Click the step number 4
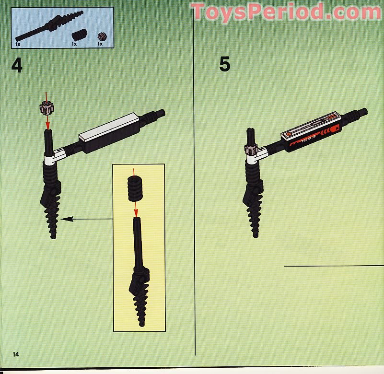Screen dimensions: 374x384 [17, 65]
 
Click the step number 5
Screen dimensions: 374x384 [224, 64]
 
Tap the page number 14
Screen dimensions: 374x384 [16, 354]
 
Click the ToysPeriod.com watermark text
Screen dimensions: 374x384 [286, 12]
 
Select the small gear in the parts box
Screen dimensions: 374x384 [101, 36]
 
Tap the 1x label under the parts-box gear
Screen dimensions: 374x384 [100, 44]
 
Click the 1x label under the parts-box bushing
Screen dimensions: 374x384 [74, 44]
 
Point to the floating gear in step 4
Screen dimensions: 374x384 [47, 108]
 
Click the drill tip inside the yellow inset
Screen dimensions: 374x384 [140, 307]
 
